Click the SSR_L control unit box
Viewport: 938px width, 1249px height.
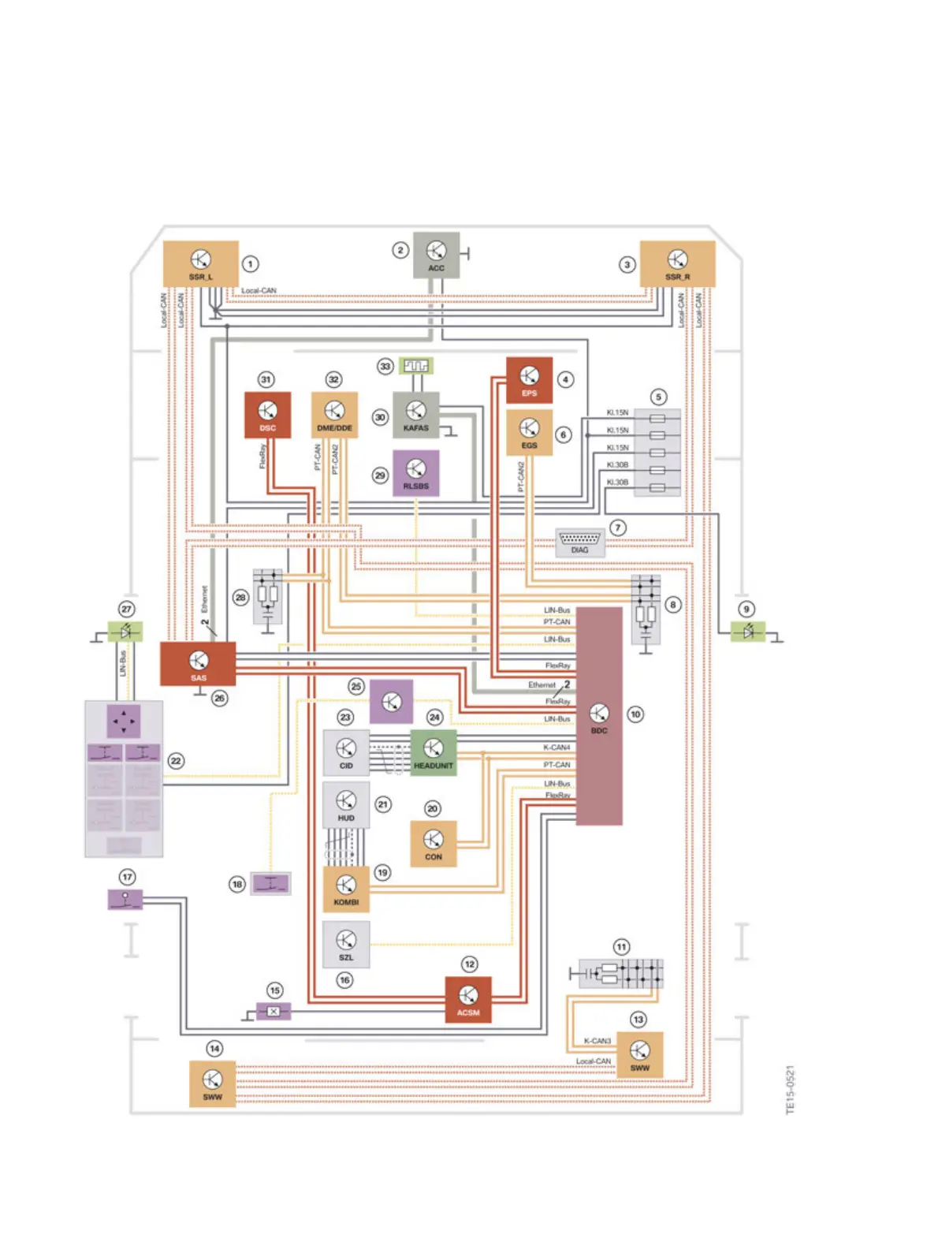tap(200, 263)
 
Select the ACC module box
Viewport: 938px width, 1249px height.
tap(436, 255)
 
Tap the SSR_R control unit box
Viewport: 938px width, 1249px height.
tap(677, 263)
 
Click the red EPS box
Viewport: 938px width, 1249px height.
tap(529, 380)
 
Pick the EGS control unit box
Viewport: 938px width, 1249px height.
tap(529, 432)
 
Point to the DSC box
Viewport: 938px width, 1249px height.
tap(267, 415)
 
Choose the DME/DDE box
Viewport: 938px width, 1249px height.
tap(334, 415)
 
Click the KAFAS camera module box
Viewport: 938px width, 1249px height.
tap(415, 415)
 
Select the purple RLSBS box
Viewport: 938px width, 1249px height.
tap(415, 473)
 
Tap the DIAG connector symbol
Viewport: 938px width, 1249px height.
tap(579, 542)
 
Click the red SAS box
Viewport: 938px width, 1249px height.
tap(198, 664)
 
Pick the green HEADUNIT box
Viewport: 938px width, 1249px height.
tap(433, 752)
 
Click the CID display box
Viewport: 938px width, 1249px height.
tap(346, 752)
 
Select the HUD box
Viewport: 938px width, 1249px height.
tap(346, 805)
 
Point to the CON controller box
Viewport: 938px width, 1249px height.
tap(433, 844)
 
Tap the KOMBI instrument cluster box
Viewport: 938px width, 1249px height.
tap(346, 889)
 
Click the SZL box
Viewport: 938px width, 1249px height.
tap(346, 944)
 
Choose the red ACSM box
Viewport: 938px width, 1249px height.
tap(468, 1000)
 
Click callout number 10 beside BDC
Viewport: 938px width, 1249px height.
tap(635, 714)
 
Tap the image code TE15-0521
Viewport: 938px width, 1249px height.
tap(791, 1090)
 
